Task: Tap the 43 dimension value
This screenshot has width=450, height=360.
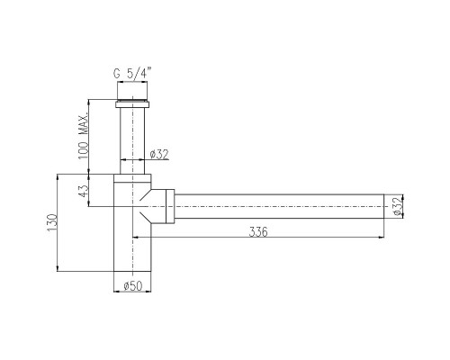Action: pyautogui.click(x=84, y=190)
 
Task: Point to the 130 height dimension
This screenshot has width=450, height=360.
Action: pyautogui.click(x=51, y=222)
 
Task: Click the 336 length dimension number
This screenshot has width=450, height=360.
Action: pyautogui.click(x=258, y=231)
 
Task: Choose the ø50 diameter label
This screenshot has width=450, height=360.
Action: pyautogui.click(x=132, y=285)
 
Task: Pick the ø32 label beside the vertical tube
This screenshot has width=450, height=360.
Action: pyautogui.click(x=159, y=154)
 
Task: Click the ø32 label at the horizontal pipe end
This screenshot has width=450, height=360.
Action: pyautogui.click(x=397, y=206)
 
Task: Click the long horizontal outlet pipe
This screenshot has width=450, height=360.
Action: pyautogui.click(x=279, y=206)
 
